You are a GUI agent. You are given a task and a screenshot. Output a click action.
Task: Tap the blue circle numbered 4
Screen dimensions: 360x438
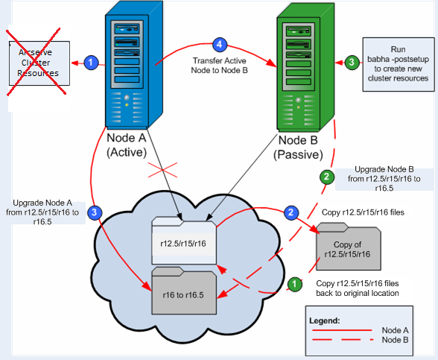[218, 44]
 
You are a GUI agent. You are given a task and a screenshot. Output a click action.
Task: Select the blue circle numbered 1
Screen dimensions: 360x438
[90, 63]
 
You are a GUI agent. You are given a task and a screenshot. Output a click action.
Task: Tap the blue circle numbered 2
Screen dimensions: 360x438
[292, 212]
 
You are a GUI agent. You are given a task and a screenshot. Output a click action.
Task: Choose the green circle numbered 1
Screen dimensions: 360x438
[294, 284]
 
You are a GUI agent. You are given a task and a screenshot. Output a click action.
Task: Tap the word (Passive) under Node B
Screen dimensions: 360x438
[300, 154]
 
